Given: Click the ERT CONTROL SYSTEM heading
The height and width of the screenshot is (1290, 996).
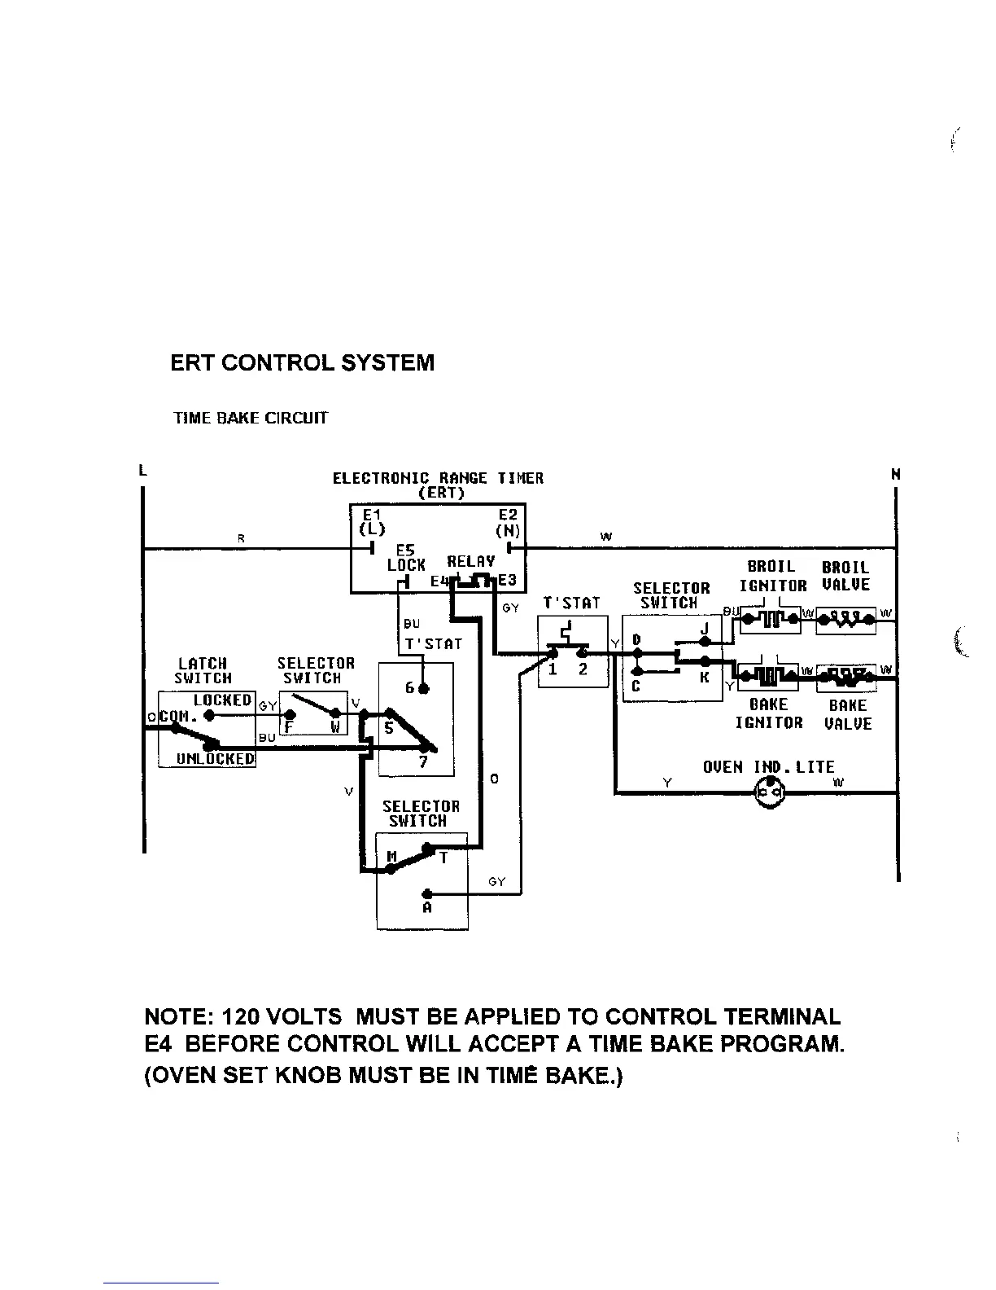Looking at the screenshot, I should click(302, 363).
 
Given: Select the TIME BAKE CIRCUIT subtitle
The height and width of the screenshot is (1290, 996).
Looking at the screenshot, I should click(251, 419).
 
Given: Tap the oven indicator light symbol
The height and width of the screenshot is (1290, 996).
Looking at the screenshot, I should click(769, 792).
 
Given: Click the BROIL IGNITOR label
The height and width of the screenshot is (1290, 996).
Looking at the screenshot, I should click(772, 577).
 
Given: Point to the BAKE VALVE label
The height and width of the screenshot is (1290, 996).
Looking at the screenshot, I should click(847, 715).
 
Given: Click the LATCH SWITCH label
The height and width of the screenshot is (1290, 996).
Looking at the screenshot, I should click(203, 671).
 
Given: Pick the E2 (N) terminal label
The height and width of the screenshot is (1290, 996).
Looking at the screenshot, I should click(508, 522).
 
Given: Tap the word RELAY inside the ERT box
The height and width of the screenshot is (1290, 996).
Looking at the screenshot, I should click(471, 561).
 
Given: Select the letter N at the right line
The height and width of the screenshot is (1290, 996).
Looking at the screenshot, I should click(896, 474).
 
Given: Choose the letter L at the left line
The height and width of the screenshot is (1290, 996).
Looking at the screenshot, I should click(142, 470).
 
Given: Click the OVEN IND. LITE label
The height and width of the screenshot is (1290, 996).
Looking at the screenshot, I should click(768, 767).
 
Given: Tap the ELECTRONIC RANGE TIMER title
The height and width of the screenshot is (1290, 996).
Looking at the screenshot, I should click(438, 478).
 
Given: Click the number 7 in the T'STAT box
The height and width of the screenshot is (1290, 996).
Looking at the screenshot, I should click(423, 762).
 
